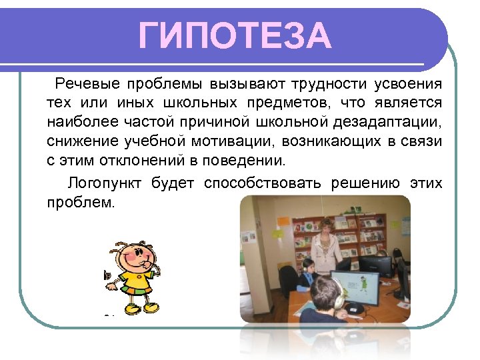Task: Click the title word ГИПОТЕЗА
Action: click(235, 36)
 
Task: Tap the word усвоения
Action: click(408, 85)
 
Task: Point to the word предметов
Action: click(297, 103)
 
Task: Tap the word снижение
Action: click(82, 142)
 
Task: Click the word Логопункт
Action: click(105, 183)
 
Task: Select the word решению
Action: click(366, 183)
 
